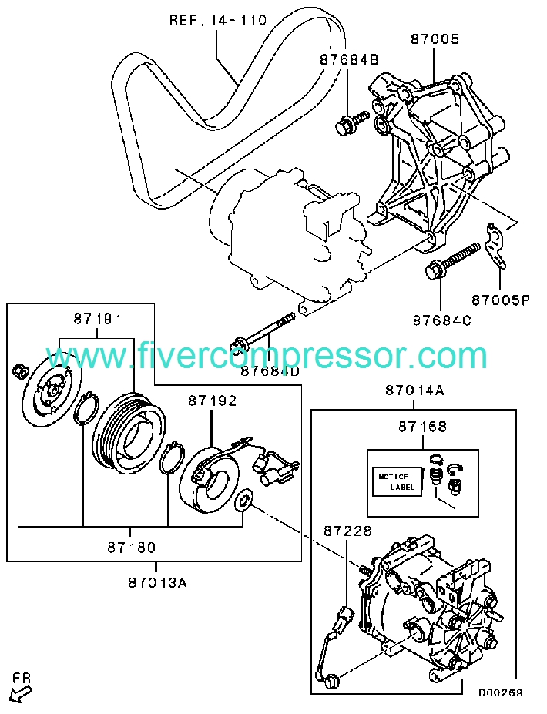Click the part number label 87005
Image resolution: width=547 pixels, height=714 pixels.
[x=435, y=39]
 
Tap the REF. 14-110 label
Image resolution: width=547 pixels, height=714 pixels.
[x=218, y=21]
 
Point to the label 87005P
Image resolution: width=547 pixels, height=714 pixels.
[x=500, y=300]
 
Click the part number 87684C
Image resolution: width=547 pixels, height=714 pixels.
[x=441, y=320]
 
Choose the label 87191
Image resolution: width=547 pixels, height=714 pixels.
[x=98, y=319]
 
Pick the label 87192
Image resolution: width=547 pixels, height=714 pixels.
[x=212, y=401]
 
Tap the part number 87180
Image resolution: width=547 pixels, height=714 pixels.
[x=132, y=547]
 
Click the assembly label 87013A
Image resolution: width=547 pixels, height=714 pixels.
[x=157, y=582]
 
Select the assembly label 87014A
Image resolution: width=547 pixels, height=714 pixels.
[x=414, y=391]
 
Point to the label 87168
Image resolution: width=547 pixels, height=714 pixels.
[x=423, y=427]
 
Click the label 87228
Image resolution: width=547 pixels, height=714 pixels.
[x=348, y=531]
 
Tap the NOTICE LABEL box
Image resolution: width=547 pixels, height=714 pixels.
[x=397, y=481]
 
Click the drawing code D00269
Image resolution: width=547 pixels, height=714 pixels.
[x=500, y=692]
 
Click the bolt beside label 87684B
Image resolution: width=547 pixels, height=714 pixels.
[x=352, y=122]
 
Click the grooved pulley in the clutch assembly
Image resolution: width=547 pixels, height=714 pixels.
[x=129, y=431]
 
